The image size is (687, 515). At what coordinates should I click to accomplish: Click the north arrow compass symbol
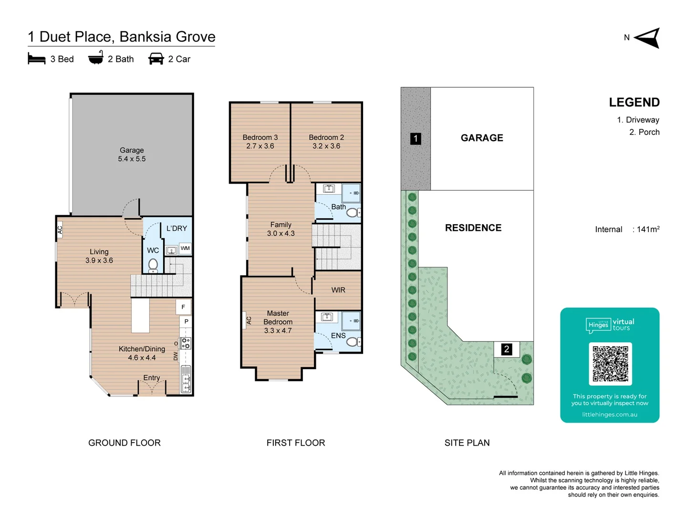647,38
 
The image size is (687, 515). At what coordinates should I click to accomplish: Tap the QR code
610,364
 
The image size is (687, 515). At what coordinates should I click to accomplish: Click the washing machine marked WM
185,248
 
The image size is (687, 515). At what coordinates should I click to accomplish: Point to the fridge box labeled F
183,307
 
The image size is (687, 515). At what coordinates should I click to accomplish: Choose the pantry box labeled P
186,321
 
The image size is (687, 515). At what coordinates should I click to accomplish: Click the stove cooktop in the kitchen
185,343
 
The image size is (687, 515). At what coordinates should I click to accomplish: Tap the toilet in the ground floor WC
153,265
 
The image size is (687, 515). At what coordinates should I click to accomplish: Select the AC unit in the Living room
60,230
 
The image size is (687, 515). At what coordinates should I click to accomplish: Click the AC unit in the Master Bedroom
249,320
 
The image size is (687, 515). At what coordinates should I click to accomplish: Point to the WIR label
338,290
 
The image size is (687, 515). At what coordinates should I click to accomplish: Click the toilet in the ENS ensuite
354,341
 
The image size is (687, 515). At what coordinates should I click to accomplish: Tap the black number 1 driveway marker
416,138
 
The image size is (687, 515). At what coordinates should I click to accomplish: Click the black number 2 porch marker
507,349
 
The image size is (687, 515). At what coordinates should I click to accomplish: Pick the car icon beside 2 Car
156,59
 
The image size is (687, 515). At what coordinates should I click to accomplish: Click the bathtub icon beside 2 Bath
96,58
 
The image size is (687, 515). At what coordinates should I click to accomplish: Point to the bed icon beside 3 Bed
37,59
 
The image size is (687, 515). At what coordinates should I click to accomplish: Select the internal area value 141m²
648,229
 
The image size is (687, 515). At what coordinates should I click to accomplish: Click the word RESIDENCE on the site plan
473,227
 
